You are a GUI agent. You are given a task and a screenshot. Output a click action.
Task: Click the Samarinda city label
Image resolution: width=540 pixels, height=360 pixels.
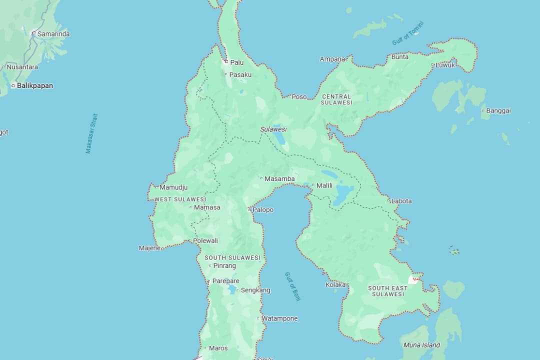(53, 34)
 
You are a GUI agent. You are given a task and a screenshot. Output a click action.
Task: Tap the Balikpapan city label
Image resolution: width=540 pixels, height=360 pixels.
(34, 85)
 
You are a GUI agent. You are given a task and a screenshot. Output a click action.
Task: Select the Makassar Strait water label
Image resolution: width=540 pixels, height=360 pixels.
(91, 133)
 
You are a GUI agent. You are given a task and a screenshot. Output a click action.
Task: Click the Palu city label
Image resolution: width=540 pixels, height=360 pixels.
(236, 62)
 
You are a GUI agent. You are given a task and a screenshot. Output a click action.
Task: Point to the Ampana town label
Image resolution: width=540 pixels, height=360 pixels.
(332, 59)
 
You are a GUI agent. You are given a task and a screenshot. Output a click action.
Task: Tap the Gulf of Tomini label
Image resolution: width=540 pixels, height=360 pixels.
(407, 33)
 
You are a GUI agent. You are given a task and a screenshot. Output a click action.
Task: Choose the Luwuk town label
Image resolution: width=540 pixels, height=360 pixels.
(445, 65)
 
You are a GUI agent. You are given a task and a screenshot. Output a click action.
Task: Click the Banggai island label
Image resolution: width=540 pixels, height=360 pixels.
(498, 110)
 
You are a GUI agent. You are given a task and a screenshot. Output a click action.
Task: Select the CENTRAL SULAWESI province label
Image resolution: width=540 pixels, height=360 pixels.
(336, 99)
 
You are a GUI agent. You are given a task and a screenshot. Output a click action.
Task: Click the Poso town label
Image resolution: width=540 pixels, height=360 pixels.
(299, 96)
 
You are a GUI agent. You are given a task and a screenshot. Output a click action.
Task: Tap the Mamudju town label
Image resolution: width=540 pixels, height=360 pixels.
(173, 187)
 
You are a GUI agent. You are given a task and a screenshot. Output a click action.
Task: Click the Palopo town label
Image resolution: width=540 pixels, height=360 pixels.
(263, 210)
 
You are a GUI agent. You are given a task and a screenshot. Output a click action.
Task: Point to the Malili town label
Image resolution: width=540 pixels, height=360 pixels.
(324, 185)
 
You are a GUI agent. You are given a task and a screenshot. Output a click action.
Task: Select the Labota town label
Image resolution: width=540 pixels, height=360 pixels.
(401, 201)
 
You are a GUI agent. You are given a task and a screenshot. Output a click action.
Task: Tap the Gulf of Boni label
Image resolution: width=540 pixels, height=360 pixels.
(292, 286)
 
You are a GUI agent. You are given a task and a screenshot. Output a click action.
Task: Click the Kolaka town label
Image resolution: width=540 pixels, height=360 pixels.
(335, 284)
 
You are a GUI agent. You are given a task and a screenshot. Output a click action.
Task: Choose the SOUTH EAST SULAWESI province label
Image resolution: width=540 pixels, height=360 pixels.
(388, 291)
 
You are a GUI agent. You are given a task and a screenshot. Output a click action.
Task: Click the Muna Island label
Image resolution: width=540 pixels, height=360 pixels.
(421, 345)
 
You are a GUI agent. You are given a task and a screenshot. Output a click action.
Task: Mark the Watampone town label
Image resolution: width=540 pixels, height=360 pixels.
(279, 318)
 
